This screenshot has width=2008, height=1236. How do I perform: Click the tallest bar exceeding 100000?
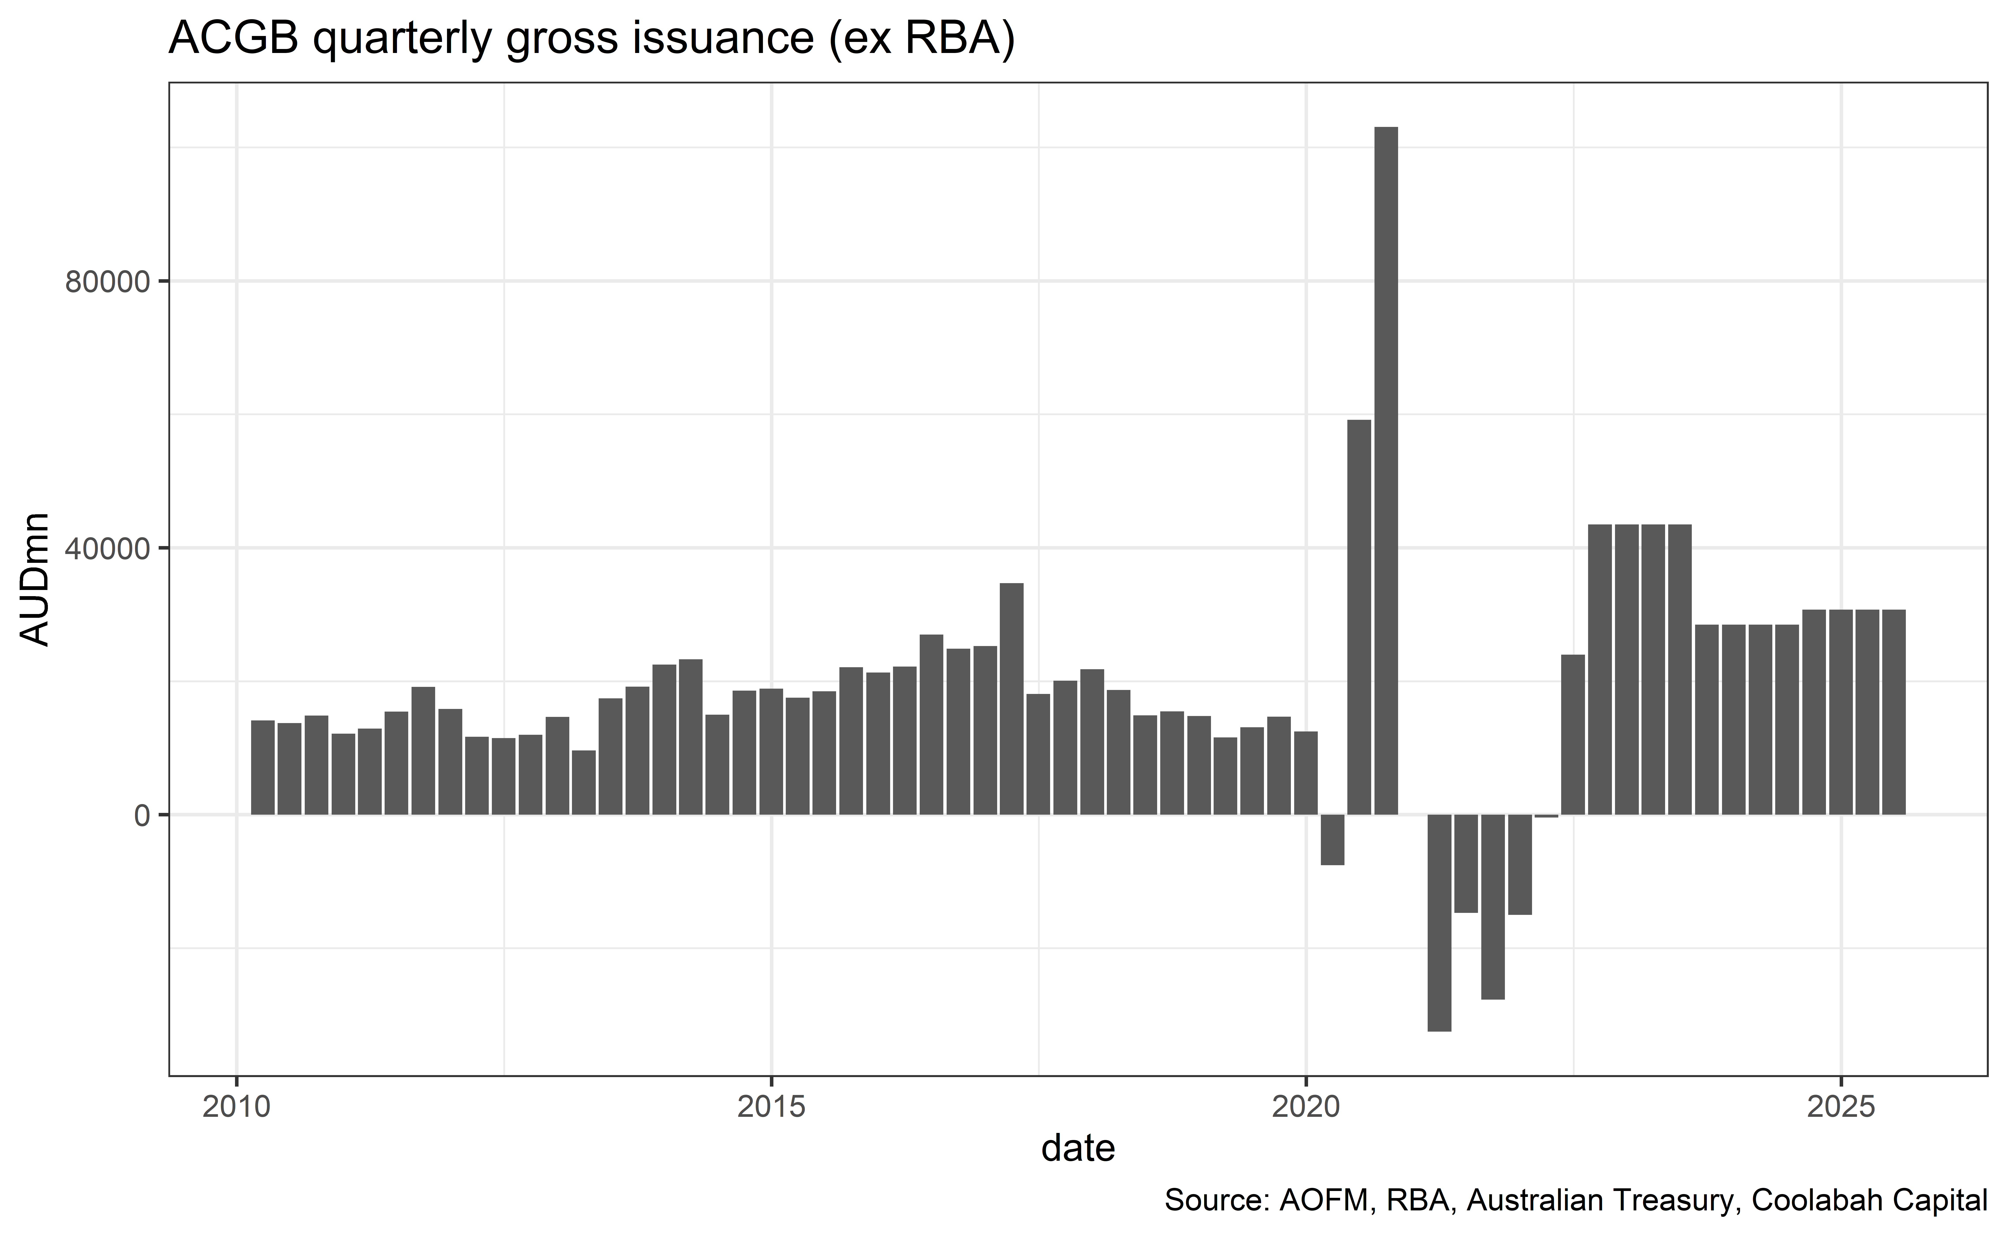1386,470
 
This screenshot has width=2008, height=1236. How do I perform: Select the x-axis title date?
1078,1149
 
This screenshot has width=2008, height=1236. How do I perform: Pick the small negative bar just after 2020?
1333,840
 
